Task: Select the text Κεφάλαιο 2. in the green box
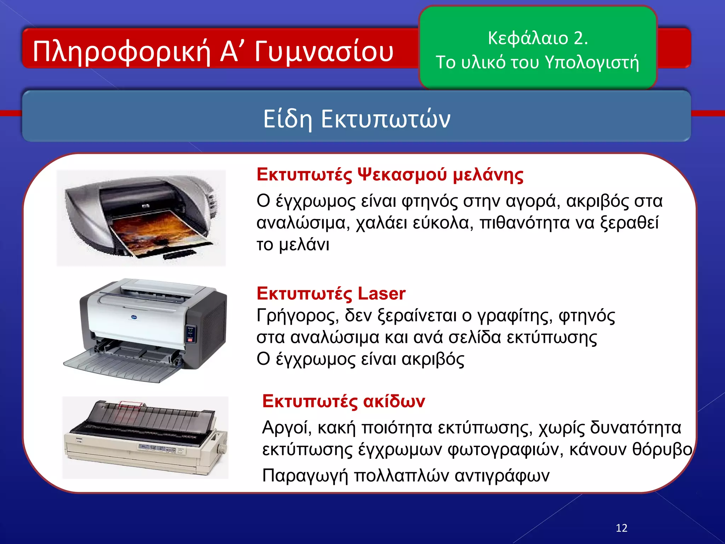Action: point(537,38)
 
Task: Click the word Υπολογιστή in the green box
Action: point(592,63)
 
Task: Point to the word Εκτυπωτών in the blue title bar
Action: point(386,119)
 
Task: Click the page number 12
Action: point(621,528)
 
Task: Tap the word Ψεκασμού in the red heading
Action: point(403,175)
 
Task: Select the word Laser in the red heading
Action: point(381,294)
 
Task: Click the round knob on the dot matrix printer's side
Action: point(222,449)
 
